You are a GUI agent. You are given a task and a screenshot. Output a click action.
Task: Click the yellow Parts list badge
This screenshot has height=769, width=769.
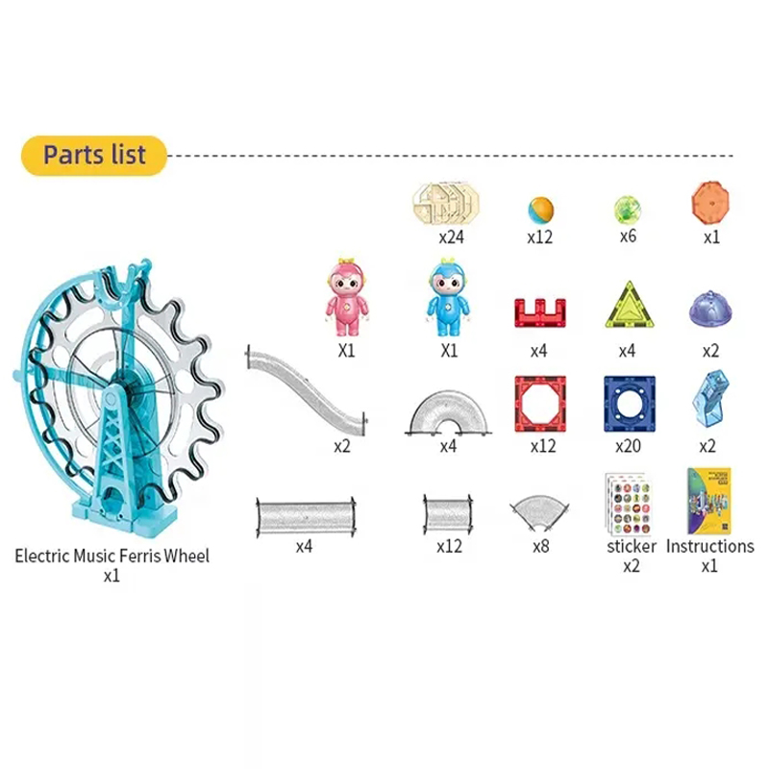click(94, 155)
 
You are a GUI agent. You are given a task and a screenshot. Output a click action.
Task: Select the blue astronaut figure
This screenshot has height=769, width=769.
click(448, 296)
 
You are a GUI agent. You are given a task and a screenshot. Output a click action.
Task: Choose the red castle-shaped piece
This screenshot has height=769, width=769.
click(538, 313)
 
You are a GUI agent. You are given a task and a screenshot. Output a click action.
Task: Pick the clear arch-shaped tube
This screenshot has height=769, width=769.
click(448, 413)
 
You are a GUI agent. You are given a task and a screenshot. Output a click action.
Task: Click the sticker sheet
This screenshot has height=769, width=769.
click(628, 504)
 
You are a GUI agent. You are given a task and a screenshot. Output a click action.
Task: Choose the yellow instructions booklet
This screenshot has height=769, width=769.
click(709, 501)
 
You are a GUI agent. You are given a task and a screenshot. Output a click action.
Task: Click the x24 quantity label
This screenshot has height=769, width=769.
click(452, 236)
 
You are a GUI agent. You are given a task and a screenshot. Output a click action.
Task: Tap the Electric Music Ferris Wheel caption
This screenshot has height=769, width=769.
click(112, 556)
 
